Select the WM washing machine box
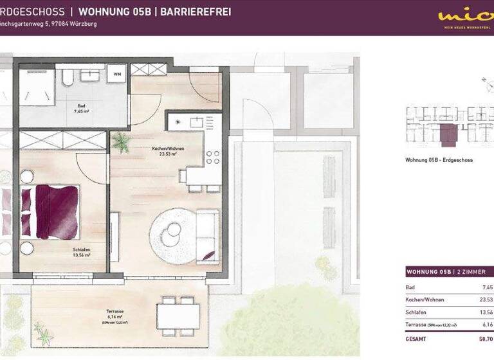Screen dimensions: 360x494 coord(117,75)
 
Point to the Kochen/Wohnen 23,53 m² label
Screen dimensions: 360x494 coord(168,152)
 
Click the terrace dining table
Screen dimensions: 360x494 coord(178,314)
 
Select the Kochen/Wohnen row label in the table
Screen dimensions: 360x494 coord(425,300)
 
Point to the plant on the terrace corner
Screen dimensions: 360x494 coord(44,335)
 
